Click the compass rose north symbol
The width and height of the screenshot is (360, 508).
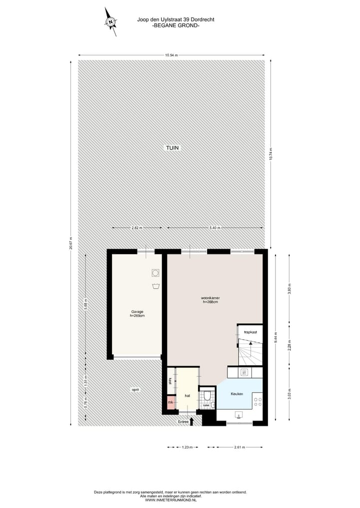point(110,21)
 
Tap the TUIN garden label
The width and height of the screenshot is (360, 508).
point(172,148)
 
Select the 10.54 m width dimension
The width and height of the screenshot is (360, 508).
point(171,55)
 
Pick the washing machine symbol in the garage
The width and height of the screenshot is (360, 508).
point(155,273)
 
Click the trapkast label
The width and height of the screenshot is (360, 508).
point(250,332)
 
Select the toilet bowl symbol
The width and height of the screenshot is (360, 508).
point(207,396)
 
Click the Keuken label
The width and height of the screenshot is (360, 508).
point(237,394)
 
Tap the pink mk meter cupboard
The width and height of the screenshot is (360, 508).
point(170,402)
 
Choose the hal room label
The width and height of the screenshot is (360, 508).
point(187,396)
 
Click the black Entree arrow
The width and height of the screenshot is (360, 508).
point(192,422)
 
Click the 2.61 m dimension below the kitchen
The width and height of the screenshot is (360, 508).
point(239,447)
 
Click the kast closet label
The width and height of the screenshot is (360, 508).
point(170,381)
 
